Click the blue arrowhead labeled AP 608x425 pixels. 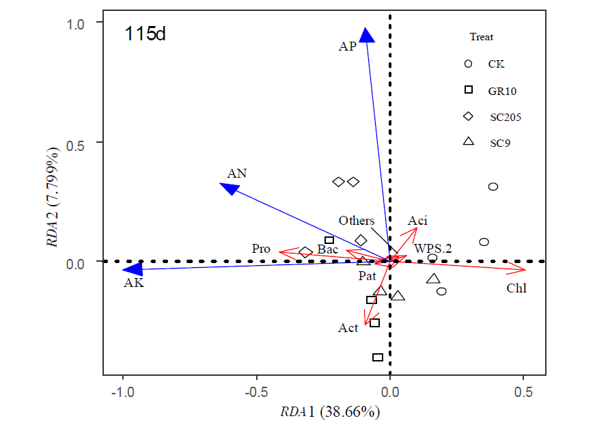367,36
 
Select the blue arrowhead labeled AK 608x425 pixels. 129,270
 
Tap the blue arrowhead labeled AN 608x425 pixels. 228,187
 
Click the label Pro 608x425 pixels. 262,248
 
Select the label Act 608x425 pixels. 348,328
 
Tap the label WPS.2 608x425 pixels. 433,248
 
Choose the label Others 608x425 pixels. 357,221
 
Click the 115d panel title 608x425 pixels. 145,34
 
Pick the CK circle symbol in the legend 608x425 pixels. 468,64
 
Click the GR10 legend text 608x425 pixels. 501,90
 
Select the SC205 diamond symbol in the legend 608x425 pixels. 468,116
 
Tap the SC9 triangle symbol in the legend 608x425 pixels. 468,141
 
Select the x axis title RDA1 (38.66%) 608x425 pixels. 330,412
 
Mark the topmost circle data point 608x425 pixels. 493,187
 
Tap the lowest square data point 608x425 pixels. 377,357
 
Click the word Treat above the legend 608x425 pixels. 481,37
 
